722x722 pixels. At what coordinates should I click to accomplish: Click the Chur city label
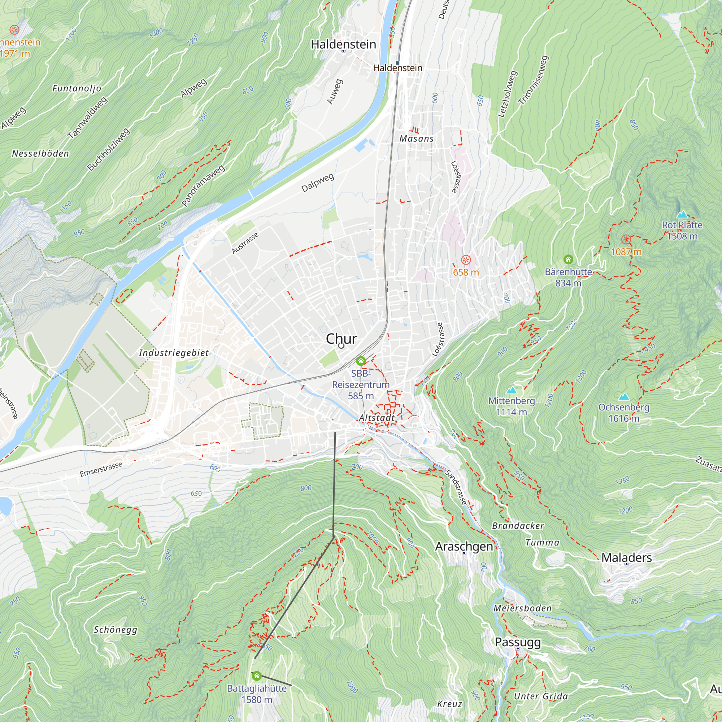coord(341,339)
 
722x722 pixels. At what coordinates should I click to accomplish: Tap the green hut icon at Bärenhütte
coord(568,259)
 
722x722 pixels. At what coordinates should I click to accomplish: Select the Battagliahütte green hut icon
coord(256,676)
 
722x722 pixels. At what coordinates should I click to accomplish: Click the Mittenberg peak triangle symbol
coord(511,391)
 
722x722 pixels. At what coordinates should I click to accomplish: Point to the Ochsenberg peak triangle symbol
coord(623,397)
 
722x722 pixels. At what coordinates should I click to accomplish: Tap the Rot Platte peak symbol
coord(682,214)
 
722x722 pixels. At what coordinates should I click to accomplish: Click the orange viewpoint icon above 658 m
coord(466,260)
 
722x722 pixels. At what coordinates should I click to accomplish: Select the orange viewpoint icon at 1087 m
coord(626,240)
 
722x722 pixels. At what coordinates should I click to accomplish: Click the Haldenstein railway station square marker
coord(398,63)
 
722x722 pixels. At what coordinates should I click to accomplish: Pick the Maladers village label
coord(626,558)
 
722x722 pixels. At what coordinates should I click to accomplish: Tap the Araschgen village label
coord(464,546)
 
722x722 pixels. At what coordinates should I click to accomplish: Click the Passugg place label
coord(518,642)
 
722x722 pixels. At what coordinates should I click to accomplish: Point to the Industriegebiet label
coord(174,353)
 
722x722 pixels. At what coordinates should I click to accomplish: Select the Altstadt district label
coord(377,418)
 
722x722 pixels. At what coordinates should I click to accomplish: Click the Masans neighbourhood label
coord(416,139)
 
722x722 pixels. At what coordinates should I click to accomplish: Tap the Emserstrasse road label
coord(101,469)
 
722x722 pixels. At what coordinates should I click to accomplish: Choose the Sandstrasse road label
coord(456,487)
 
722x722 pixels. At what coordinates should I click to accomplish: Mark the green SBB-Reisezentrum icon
coord(361,361)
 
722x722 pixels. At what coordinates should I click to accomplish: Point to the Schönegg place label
coord(116,630)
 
